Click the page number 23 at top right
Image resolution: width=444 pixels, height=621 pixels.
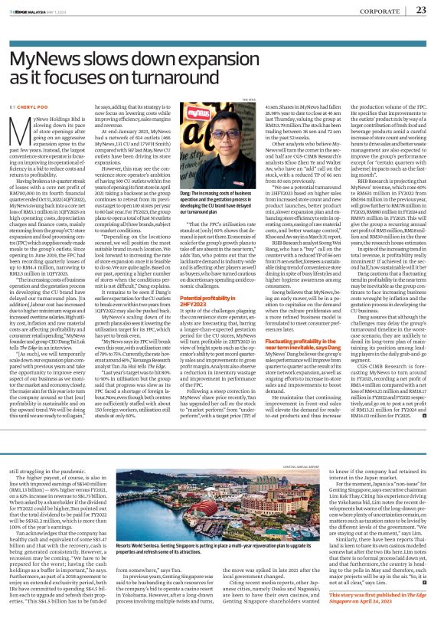pyautogui.click(x=420, y=10)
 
